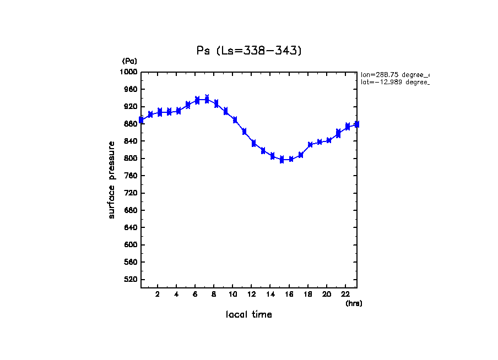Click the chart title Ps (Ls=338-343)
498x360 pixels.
pyautogui.click(x=249, y=51)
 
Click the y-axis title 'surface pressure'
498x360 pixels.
pyautogui.click(x=112, y=179)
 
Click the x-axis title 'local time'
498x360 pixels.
pyautogui.click(x=249, y=315)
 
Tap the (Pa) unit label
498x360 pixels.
pyautogui.click(x=129, y=61)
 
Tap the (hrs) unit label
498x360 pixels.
pyautogui.click(x=354, y=303)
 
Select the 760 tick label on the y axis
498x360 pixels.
pyautogui.click(x=131, y=176)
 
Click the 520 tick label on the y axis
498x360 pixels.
pyautogui.click(x=131, y=280)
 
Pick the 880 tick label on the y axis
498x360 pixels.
pyautogui.click(x=131, y=124)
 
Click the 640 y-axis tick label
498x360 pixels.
pyautogui.click(x=131, y=228)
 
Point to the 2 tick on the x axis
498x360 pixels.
pyautogui.click(x=158, y=294)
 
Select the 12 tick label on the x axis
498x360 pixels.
pyautogui.click(x=251, y=294)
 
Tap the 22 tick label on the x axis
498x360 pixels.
pyautogui.click(x=345, y=294)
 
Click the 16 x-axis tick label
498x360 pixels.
pyautogui.click(x=289, y=294)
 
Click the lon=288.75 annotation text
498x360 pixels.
pyautogui.click(x=394, y=74)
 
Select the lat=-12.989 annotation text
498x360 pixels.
pyautogui.click(x=394, y=82)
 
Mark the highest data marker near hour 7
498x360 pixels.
pyautogui.click(x=207, y=99)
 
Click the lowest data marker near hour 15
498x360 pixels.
pyautogui.click(x=282, y=160)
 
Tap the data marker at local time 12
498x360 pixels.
pyautogui.click(x=253, y=143)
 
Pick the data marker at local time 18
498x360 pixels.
pyautogui.click(x=310, y=144)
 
